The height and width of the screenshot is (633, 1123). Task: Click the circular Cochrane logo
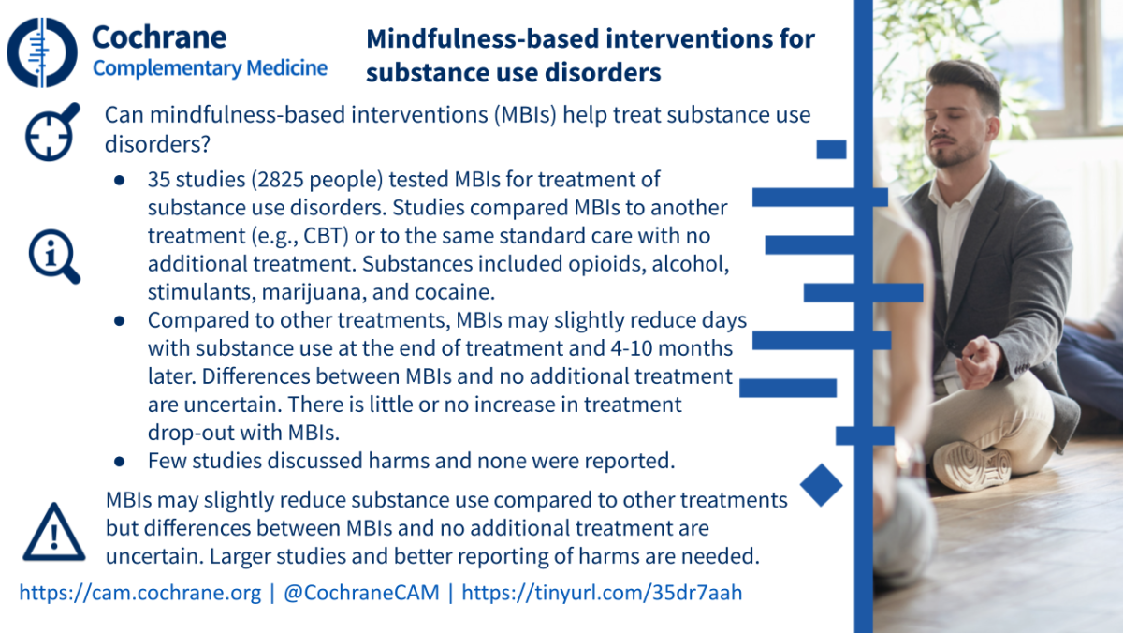click(x=42, y=52)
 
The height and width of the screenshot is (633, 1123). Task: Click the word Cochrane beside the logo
click(x=159, y=37)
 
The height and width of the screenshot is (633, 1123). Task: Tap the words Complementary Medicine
click(x=210, y=68)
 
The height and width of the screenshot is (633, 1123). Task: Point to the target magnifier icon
click(x=51, y=132)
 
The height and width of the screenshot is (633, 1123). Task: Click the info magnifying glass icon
click(x=54, y=257)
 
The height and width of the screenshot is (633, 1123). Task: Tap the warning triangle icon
click(x=54, y=532)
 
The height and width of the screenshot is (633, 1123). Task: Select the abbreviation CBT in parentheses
click(x=326, y=236)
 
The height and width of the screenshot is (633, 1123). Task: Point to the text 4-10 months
click(x=672, y=348)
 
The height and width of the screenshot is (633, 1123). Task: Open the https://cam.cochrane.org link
click(x=140, y=593)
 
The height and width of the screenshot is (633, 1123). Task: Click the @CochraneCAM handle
click(x=361, y=593)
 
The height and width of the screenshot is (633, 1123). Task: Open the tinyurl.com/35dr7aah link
click(x=602, y=593)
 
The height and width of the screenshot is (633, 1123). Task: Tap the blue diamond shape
click(x=822, y=485)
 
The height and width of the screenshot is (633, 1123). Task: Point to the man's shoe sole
click(x=971, y=467)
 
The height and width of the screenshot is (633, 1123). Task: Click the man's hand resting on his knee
click(x=977, y=361)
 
